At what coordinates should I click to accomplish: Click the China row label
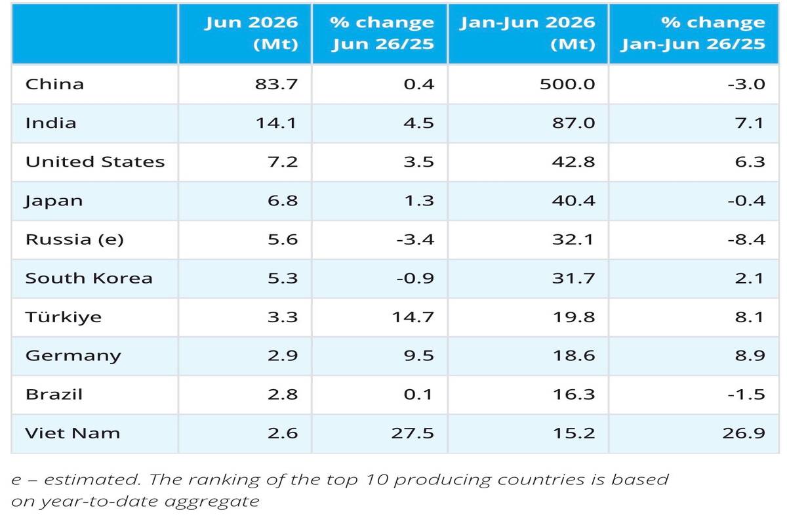[54, 85]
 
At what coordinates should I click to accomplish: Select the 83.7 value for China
[276, 85]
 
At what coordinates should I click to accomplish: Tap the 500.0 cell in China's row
[567, 85]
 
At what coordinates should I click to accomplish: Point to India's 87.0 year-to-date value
[573, 123]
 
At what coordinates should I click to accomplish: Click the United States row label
[95, 161]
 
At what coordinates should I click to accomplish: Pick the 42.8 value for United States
[573, 161]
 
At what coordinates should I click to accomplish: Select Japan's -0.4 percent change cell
[746, 201]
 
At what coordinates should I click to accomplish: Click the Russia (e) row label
[75, 240]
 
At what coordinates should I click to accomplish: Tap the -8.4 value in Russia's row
[746, 240]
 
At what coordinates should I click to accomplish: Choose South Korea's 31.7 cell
[573, 278]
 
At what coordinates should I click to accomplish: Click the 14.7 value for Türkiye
[413, 317]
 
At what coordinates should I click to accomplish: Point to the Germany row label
[73, 356]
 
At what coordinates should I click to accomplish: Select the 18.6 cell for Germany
[574, 356]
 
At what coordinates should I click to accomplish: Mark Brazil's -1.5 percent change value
[746, 394]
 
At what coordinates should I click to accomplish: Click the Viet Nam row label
[73, 433]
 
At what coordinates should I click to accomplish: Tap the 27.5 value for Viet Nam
[413, 433]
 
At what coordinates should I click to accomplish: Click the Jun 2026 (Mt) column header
[251, 33]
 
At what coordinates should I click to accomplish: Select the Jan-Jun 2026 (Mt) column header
[527, 33]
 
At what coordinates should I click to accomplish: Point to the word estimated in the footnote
[92, 480]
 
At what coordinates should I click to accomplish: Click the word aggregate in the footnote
[212, 502]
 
